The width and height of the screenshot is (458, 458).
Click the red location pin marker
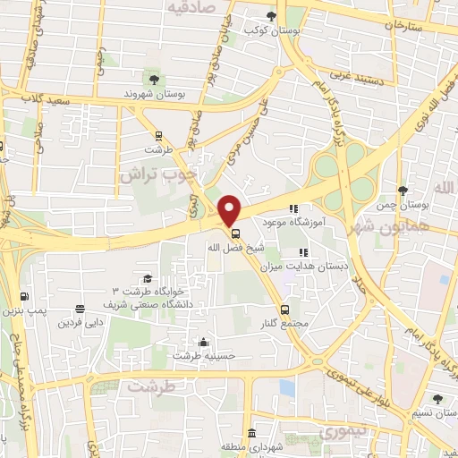tap(230, 210)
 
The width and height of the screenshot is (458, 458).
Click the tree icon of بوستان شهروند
tap(157, 79)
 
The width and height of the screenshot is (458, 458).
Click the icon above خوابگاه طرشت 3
tap(148, 279)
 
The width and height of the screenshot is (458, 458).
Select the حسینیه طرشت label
tap(205, 355)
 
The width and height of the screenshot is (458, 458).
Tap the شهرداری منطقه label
tap(253, 446)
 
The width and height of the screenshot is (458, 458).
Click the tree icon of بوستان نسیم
tap(437, 399)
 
